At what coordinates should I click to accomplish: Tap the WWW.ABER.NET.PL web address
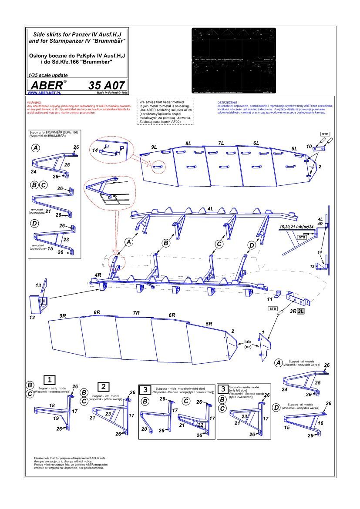pos(44,93)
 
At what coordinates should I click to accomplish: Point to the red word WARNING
pos(34,103)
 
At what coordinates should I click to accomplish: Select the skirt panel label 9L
pos(154,147)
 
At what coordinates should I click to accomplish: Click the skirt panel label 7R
pos(136,313)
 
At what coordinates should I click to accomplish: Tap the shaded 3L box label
pos(300,311)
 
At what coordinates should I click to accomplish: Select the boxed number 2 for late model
pos(103,386)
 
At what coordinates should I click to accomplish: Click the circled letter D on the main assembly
pos(251,245)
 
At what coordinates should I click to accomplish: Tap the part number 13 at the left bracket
pos(38,285)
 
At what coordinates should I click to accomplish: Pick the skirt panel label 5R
pos(209,324)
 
